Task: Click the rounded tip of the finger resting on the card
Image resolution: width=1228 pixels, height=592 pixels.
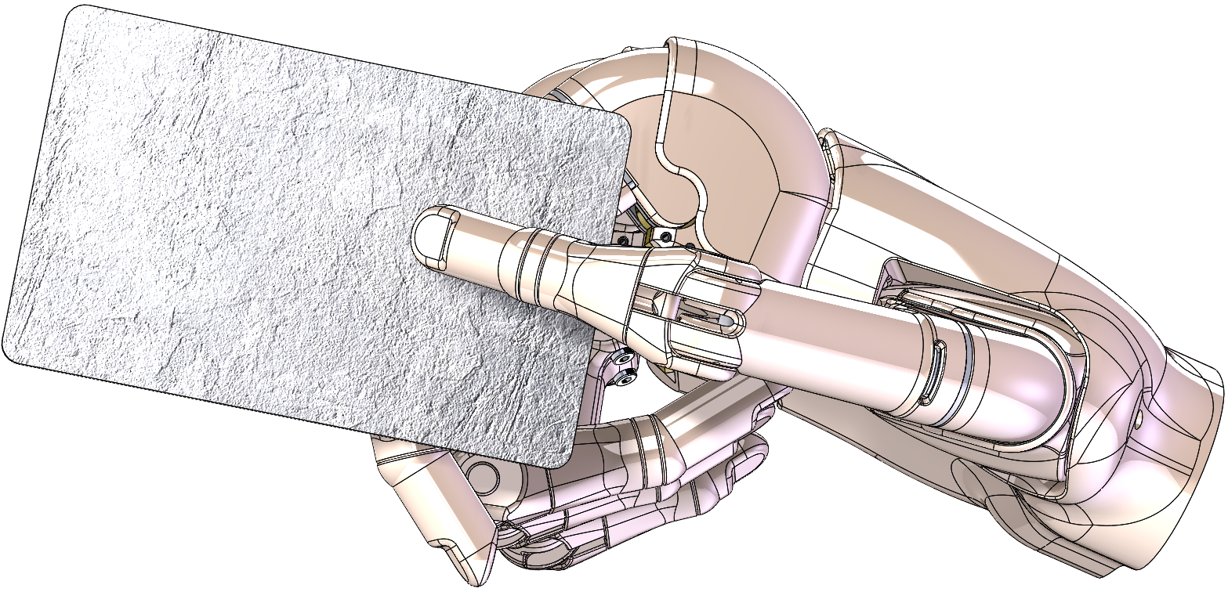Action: point(427,239)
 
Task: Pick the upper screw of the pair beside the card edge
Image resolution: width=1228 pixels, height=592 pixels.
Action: point(625,359)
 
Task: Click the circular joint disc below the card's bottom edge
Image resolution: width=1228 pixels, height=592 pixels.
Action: point(480,475)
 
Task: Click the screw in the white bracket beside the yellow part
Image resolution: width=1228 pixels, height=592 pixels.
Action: point(664,234)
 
